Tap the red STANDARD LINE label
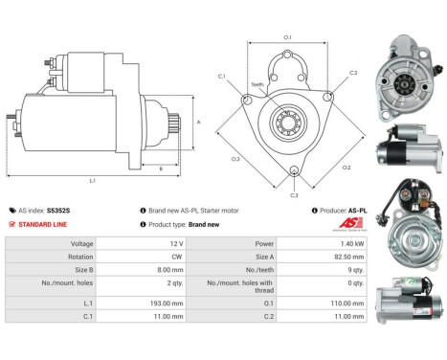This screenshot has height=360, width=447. click(45, 223)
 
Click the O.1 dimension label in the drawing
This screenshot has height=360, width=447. click(288, 37)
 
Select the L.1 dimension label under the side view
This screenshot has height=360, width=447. click(91, 180)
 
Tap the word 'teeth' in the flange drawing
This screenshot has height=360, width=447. click(257, 85)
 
